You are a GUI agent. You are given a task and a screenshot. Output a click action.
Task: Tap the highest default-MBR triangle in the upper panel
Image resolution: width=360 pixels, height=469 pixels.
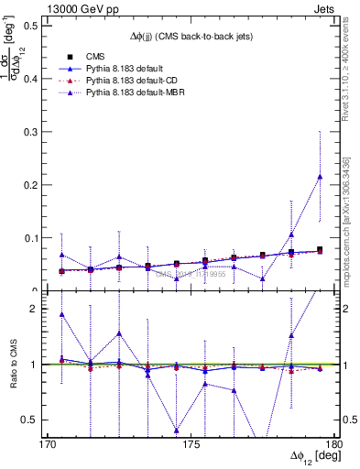[x=320, y=177]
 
